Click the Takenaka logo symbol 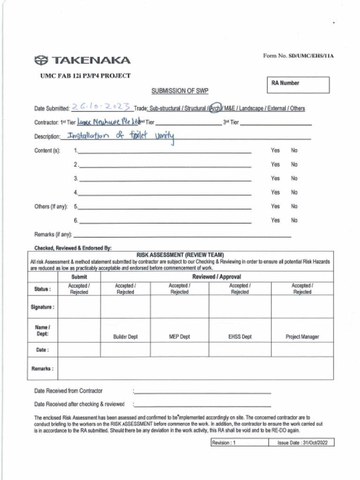(x=41, y=60)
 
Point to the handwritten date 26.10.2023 (x=102, y=107)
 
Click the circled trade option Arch (x=215, y=108)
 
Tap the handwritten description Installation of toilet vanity (x=120, y=136)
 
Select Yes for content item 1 (x=275, y=150)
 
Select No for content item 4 (x=294, y=192)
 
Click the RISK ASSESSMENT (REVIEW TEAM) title (x=180, y=255)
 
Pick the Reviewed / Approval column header (x=217, y=277)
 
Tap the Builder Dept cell (x=125, y=337)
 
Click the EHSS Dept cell (x=240, y=337)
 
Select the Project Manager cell (x=302, y=337)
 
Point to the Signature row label (x=42, y=307)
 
